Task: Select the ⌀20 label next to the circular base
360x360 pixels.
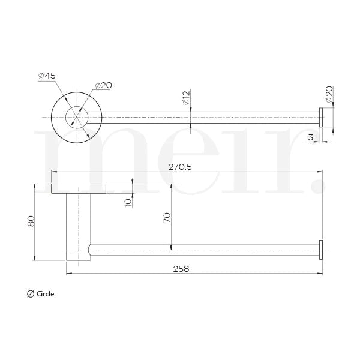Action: [103, 85]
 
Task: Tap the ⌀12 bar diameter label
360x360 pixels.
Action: [186, 96]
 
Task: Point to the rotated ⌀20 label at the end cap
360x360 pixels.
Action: [329, 93]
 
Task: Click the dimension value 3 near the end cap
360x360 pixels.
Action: [310, 138]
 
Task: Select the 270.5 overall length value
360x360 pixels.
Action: [180, 167]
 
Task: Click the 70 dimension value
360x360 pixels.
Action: [167, 217]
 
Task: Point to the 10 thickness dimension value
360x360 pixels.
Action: [127, 202]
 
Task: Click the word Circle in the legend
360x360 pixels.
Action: [45, 294]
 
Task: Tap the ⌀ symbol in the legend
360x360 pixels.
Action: [31, 294]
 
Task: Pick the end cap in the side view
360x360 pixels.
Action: [320, 249]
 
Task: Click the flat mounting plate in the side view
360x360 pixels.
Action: [79, 188]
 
